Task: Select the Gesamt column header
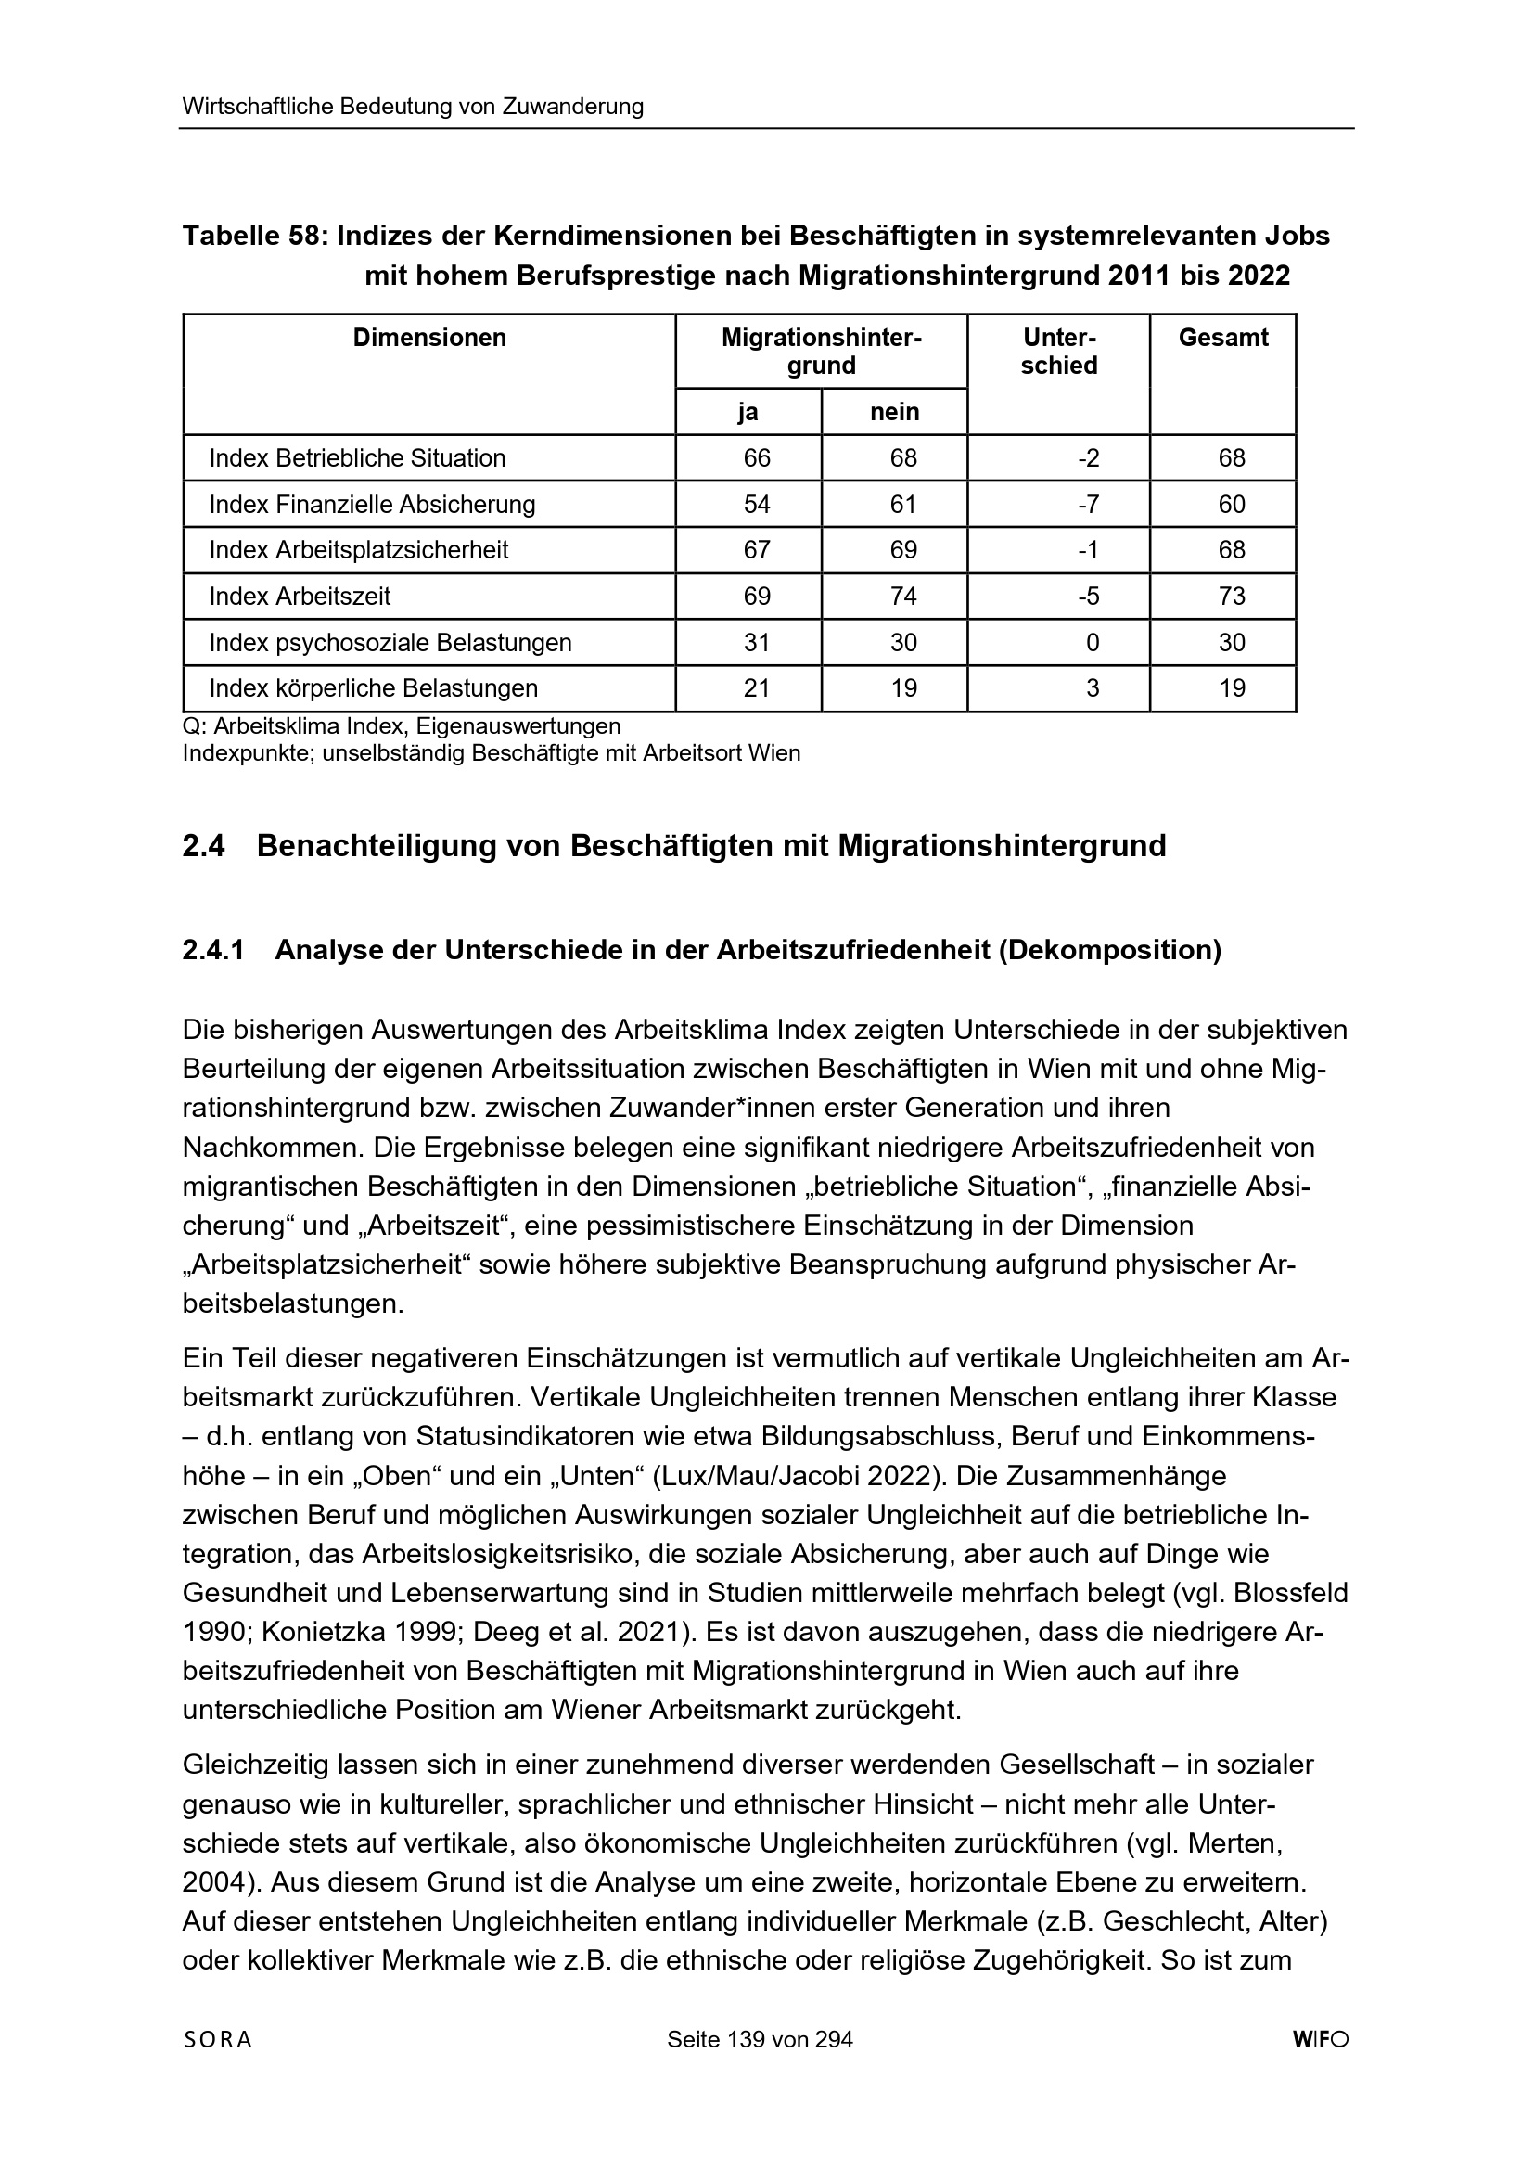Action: (x=1222, y=338)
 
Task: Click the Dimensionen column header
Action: (x=428, y=338)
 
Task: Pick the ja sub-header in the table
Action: (x=748, y=412)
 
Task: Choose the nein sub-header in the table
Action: (x=893, y=412)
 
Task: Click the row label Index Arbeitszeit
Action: (x=300, y=597)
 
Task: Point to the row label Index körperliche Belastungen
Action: (x=373, y=687)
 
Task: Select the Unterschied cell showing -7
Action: (x=1088, y=505)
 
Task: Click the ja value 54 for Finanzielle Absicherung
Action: (x=757, y=505)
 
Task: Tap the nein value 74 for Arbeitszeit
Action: (x=903, y=597)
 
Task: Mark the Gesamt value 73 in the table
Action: (x=1231, y=597)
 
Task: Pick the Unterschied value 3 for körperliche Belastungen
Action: (x=1092, y=687)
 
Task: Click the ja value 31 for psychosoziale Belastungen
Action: (x=757, y=642)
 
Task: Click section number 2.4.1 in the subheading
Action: (x=212, y=949)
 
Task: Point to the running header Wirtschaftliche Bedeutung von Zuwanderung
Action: (x=413, y=107)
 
